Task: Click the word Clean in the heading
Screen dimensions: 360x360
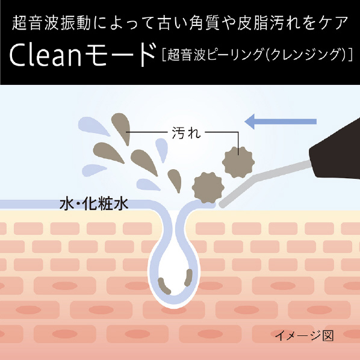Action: (46, 56)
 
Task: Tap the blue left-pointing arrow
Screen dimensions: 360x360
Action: (281, 122)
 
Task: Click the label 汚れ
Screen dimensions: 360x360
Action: (186, 132)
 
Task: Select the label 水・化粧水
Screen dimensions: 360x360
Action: (94, 203)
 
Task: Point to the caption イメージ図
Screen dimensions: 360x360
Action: (304, 336)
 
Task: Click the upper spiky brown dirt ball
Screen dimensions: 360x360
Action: (238, 162)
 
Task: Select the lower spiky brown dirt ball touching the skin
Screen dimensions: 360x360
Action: (208, 188)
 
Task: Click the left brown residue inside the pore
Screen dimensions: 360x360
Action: (164, 286)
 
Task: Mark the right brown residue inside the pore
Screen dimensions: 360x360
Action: (188, 278)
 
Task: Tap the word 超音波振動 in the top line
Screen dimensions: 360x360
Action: (51, 23)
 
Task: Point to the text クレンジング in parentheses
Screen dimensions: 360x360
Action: (305, 55)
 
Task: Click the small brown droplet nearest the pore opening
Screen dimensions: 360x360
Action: (175, 181)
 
